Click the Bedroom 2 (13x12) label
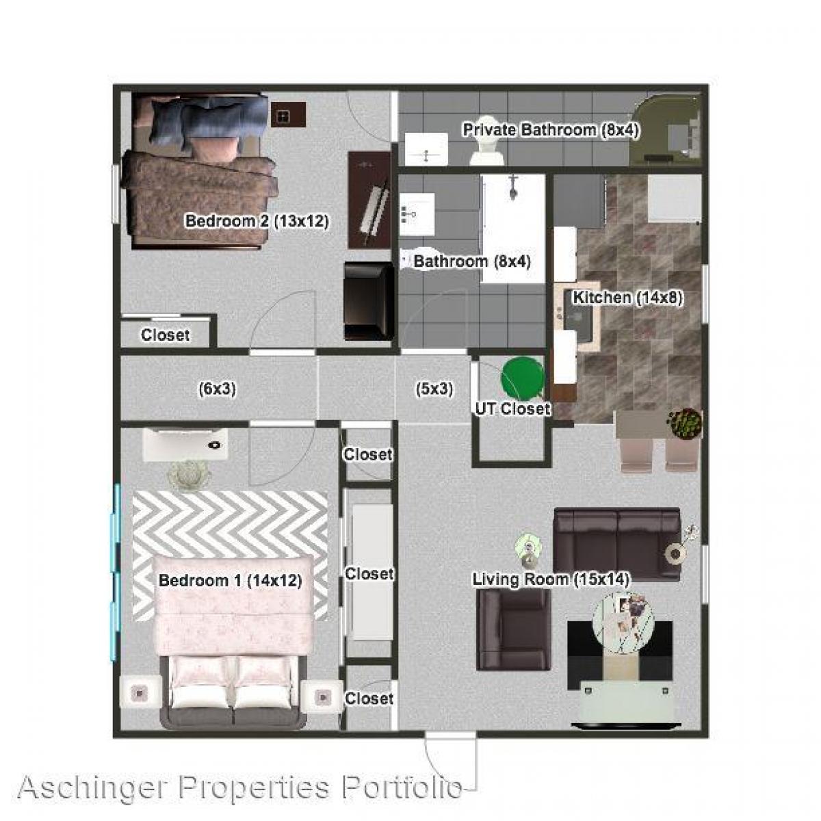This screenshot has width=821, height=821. [257, 222]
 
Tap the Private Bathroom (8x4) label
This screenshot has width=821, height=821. [551, 130]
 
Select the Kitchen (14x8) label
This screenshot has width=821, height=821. [627, 298]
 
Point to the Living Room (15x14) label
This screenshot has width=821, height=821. [551, 579]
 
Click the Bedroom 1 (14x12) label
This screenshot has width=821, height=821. [230, 581]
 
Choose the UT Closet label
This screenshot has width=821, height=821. [512, 409]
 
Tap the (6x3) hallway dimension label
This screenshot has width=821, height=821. [217, 389]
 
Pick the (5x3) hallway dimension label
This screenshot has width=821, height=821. [434, 389]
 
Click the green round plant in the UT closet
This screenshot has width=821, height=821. [523, 376]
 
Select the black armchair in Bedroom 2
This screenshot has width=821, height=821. [368, 301]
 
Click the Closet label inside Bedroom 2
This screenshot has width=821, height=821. [165, 335]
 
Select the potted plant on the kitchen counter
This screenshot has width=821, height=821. [685, 423]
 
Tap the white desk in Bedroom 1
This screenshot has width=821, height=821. [185, 445]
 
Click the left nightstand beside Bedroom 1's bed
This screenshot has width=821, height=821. [140, 694]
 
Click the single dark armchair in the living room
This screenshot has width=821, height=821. [513, 629]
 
